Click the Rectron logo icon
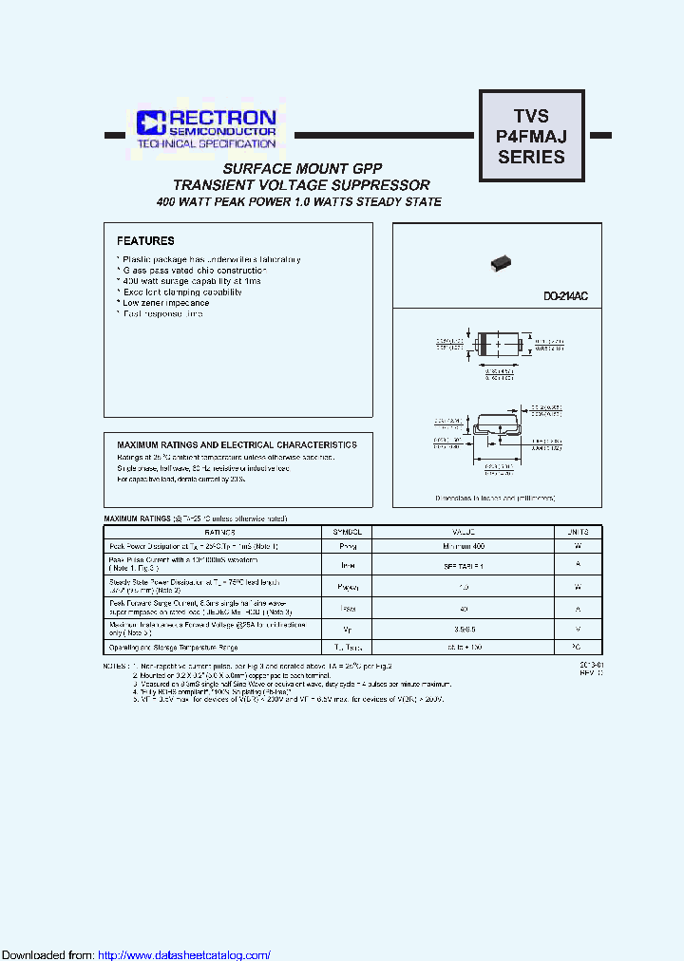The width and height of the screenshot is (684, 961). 150,122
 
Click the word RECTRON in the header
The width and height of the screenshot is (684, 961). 222,117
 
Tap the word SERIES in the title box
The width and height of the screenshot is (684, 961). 531,158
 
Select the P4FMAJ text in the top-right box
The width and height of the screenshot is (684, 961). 531,137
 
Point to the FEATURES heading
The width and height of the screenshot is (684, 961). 145,241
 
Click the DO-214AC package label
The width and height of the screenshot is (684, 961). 565,297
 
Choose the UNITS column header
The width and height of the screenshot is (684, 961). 578,533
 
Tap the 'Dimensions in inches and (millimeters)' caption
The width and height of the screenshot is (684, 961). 495,498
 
